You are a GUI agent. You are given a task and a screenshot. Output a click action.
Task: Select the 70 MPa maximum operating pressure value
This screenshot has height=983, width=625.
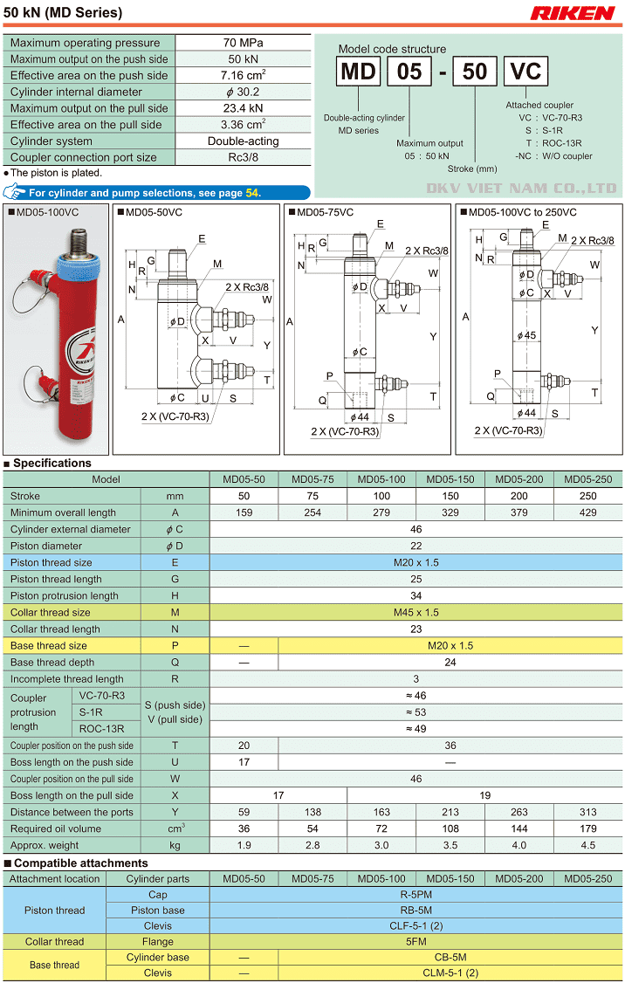click(244, 43)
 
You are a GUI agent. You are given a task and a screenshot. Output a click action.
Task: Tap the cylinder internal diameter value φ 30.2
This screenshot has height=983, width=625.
click(244, 92)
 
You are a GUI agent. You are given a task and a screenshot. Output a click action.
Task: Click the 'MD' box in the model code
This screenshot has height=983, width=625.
click(358, 71)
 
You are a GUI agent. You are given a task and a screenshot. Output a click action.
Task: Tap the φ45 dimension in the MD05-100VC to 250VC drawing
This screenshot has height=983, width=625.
click(526, 335)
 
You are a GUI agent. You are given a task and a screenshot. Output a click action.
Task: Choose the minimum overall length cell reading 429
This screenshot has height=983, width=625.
click(587, 512)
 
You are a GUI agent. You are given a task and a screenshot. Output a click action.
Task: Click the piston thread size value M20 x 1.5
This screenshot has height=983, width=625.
click(416, 562)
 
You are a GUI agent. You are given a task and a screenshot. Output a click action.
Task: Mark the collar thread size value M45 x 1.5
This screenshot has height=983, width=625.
click(416, 612)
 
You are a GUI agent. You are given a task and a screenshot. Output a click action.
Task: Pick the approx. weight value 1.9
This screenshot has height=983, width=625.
click(244, 845)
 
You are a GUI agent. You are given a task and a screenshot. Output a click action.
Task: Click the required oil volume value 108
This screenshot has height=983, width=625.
click(450, 828)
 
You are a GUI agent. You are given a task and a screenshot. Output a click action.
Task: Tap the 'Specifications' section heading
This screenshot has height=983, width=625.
click(52, 464)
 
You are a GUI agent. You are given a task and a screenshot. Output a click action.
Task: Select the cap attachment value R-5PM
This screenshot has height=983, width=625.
click(416, 895)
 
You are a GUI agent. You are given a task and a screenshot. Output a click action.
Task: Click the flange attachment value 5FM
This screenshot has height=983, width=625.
click(416, 942)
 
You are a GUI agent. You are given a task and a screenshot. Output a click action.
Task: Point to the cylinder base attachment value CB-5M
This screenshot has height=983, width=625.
click(450, 958)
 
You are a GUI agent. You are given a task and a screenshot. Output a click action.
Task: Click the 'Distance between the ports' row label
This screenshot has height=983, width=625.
click(72, 812)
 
